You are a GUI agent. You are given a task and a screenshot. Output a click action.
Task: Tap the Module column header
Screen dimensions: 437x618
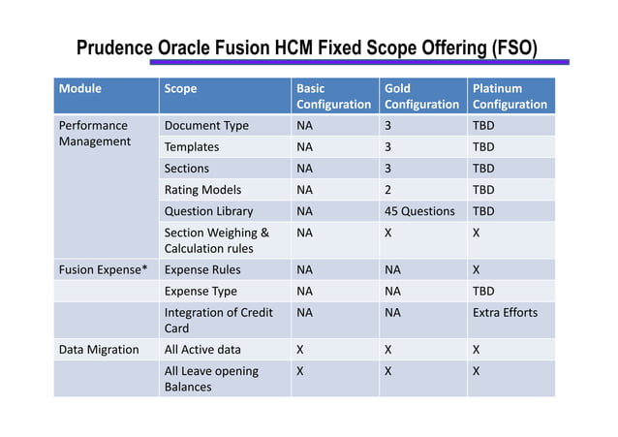[x=80, y=88]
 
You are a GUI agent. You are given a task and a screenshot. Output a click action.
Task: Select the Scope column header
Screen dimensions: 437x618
[x=181, y=88]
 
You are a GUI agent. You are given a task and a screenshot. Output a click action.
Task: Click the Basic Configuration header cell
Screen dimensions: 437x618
[x=333, y=96]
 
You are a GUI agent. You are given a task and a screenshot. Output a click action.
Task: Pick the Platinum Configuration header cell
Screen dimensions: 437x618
[x=510, y=96]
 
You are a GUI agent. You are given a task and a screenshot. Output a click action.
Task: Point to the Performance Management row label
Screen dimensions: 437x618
[x=94, y=133]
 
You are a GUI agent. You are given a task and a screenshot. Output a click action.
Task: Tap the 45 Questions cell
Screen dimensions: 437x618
[x=419, y=210]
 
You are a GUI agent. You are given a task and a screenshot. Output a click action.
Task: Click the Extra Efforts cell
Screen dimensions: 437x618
[x=505, y=312]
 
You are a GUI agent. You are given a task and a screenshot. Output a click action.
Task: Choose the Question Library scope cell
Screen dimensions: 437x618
[x=208, y=210]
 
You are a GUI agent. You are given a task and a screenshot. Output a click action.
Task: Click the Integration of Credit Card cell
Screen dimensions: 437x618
[x=218, y=320]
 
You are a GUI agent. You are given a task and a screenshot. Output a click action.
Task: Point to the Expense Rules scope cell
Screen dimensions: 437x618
[x=202, y=269]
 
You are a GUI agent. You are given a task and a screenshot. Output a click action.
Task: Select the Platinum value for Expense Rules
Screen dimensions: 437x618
[x=476, y=269]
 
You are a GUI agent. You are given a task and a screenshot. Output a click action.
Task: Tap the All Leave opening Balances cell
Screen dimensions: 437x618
[x=211, y=379]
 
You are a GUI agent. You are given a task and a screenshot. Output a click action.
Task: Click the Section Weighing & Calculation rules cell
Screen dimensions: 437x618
[x=216, y=240]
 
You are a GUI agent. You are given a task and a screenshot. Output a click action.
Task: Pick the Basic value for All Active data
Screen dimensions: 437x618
[x=300, y=349]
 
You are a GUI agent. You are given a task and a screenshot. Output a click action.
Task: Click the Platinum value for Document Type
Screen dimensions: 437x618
[x=483, y=125]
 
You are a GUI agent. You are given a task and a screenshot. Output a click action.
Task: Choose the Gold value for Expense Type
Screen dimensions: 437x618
[x=392, y=291]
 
